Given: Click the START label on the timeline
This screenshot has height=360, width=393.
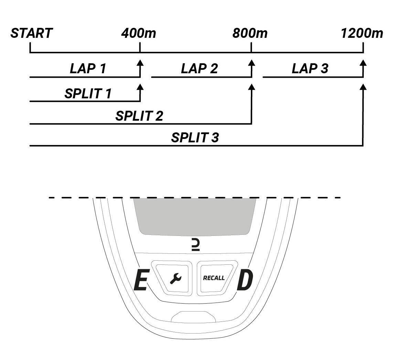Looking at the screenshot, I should click(x=31, y=33).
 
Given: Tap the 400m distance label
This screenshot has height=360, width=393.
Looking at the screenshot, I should click(x=138, y=33).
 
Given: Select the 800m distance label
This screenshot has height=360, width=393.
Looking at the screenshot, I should click(x=250, y=33).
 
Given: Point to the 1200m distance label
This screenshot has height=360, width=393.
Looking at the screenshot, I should click(x=362, y=33).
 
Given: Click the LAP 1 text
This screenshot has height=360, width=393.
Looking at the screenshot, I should click(x=88, y=69).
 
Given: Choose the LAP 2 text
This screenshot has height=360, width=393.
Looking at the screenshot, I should click(x=199, y=69).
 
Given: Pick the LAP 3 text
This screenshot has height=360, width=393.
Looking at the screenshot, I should click(x=310, y=69).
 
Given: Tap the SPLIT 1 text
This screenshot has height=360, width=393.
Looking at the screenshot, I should click(x=88, y=94).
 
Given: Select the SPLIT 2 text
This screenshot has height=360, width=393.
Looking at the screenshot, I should click(x=139, y=116).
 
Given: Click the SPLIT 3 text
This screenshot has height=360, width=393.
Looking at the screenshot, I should click(x=195, y=138).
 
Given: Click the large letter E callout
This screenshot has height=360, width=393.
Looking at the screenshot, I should click(x=140, y=281).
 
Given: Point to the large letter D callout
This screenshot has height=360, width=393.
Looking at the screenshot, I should click(x=245, y=281).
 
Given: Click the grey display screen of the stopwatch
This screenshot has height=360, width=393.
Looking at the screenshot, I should click(x=195, y=216).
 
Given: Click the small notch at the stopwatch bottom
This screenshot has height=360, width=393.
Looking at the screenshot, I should click(x=193, y=317).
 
